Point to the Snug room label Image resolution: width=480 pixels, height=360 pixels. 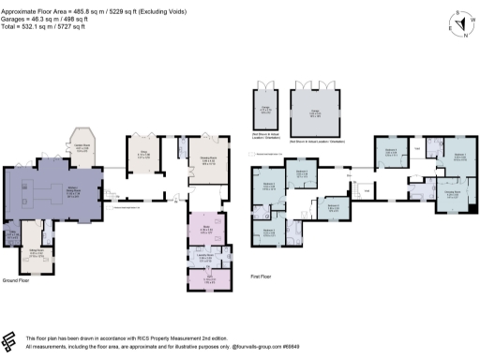[143, 157]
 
